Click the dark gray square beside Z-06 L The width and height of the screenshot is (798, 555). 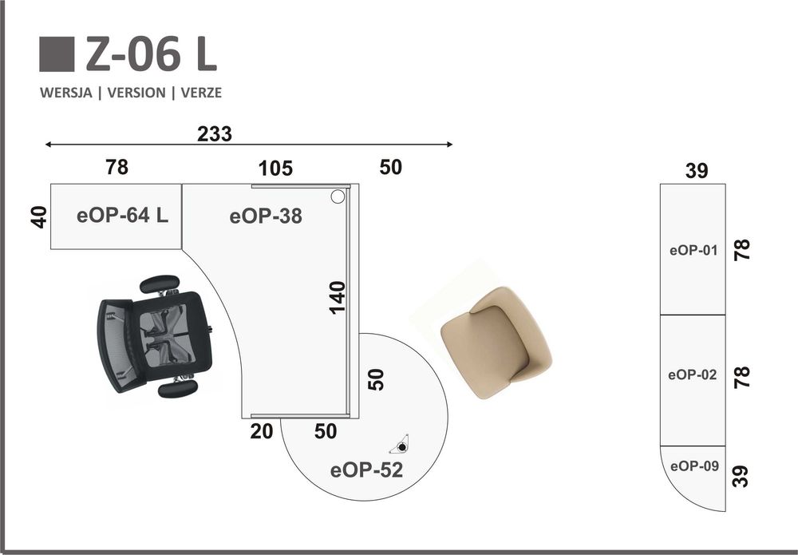57,54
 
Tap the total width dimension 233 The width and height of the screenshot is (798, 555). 214,134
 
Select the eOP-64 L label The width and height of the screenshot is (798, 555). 122,216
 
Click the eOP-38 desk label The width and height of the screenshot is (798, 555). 266,216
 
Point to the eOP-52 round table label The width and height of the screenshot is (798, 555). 366,470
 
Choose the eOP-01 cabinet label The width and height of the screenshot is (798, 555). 693,250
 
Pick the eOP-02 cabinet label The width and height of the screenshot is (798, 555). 692,375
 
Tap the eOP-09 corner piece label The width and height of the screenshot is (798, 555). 695,466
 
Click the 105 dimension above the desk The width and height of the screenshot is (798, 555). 275,168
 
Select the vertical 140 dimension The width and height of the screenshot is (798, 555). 337,298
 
